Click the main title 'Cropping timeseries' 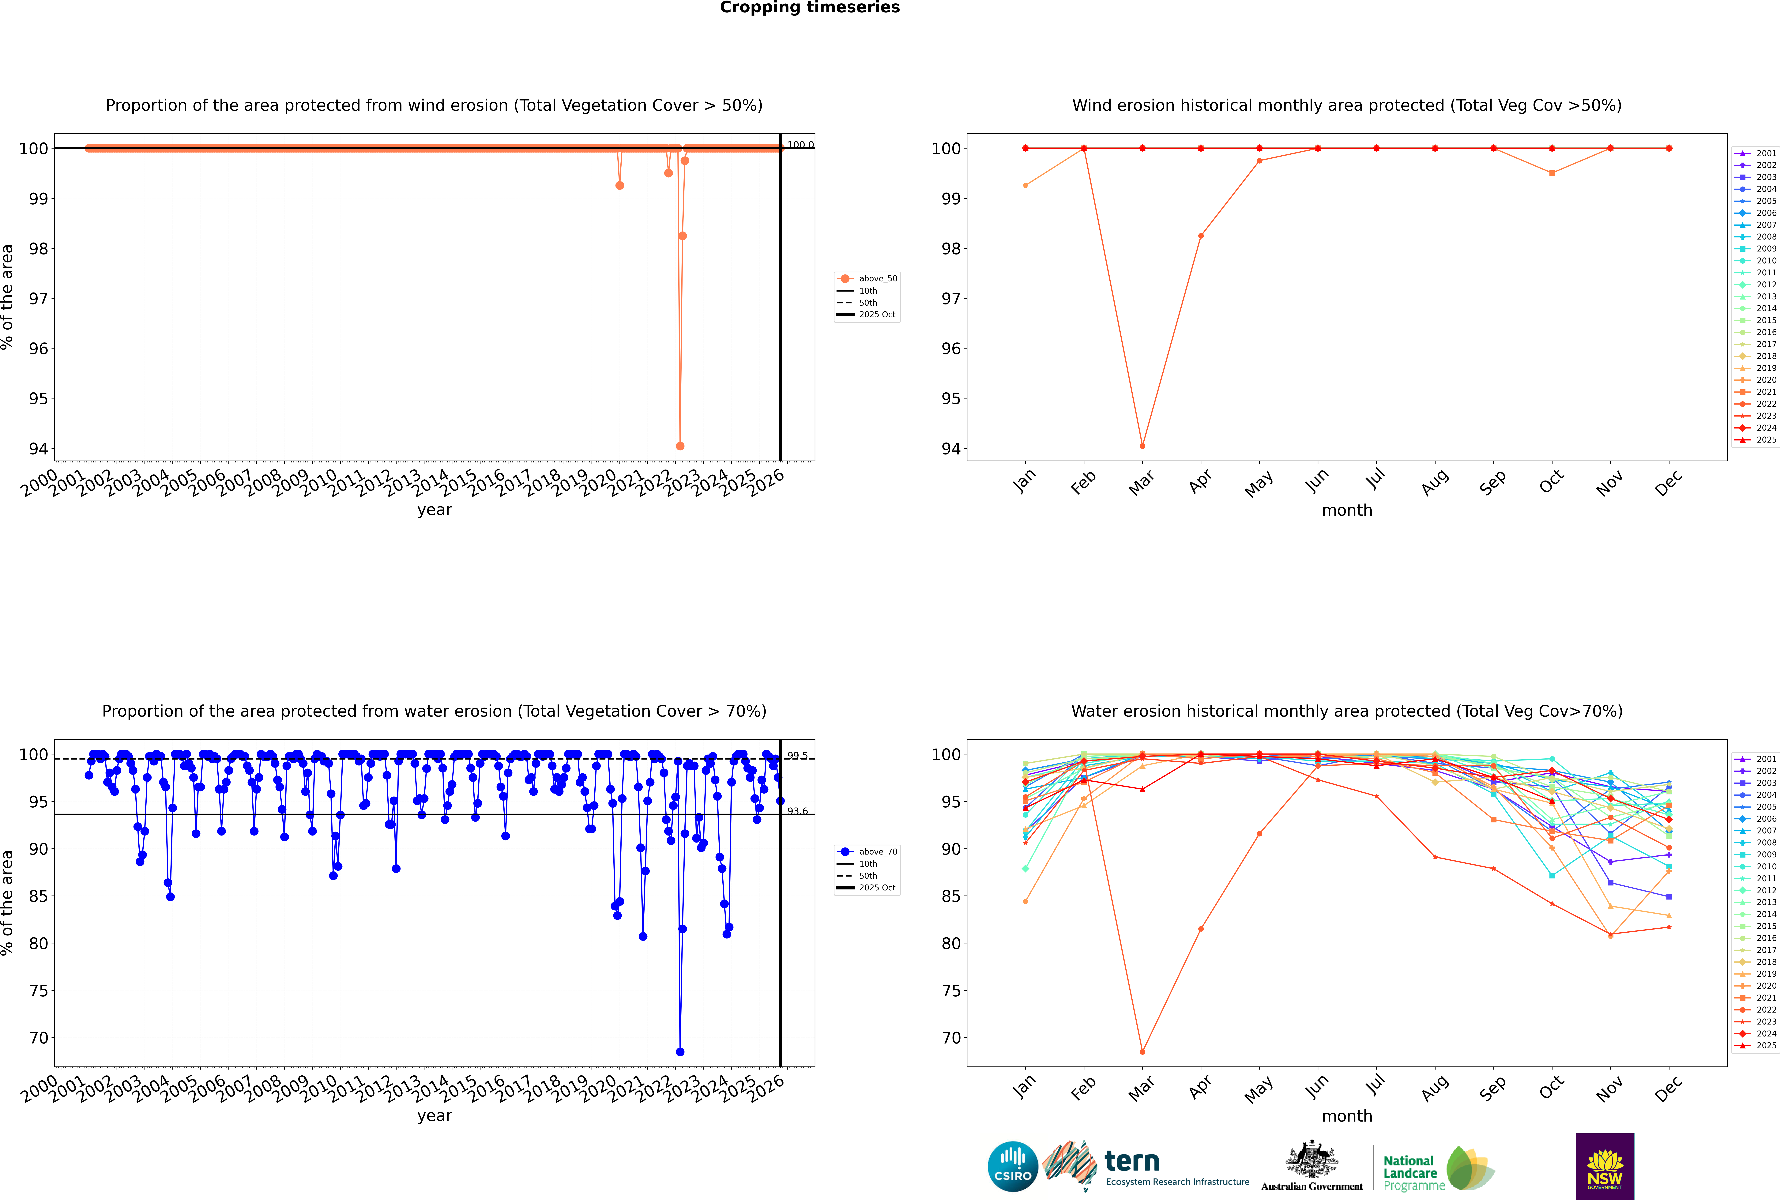click(810, 8)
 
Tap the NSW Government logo click(1605, 1166)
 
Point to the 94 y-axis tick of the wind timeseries click(38, 448)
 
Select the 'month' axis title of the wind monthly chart click(1347, 511)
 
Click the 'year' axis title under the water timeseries click(435, 1116)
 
